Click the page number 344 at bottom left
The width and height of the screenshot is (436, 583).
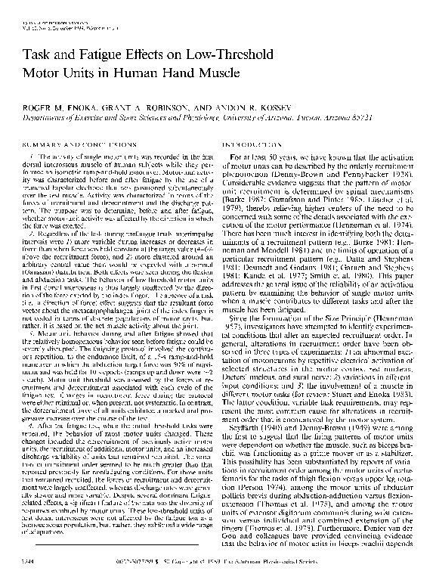pyautogui.click(x=34, y=563)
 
